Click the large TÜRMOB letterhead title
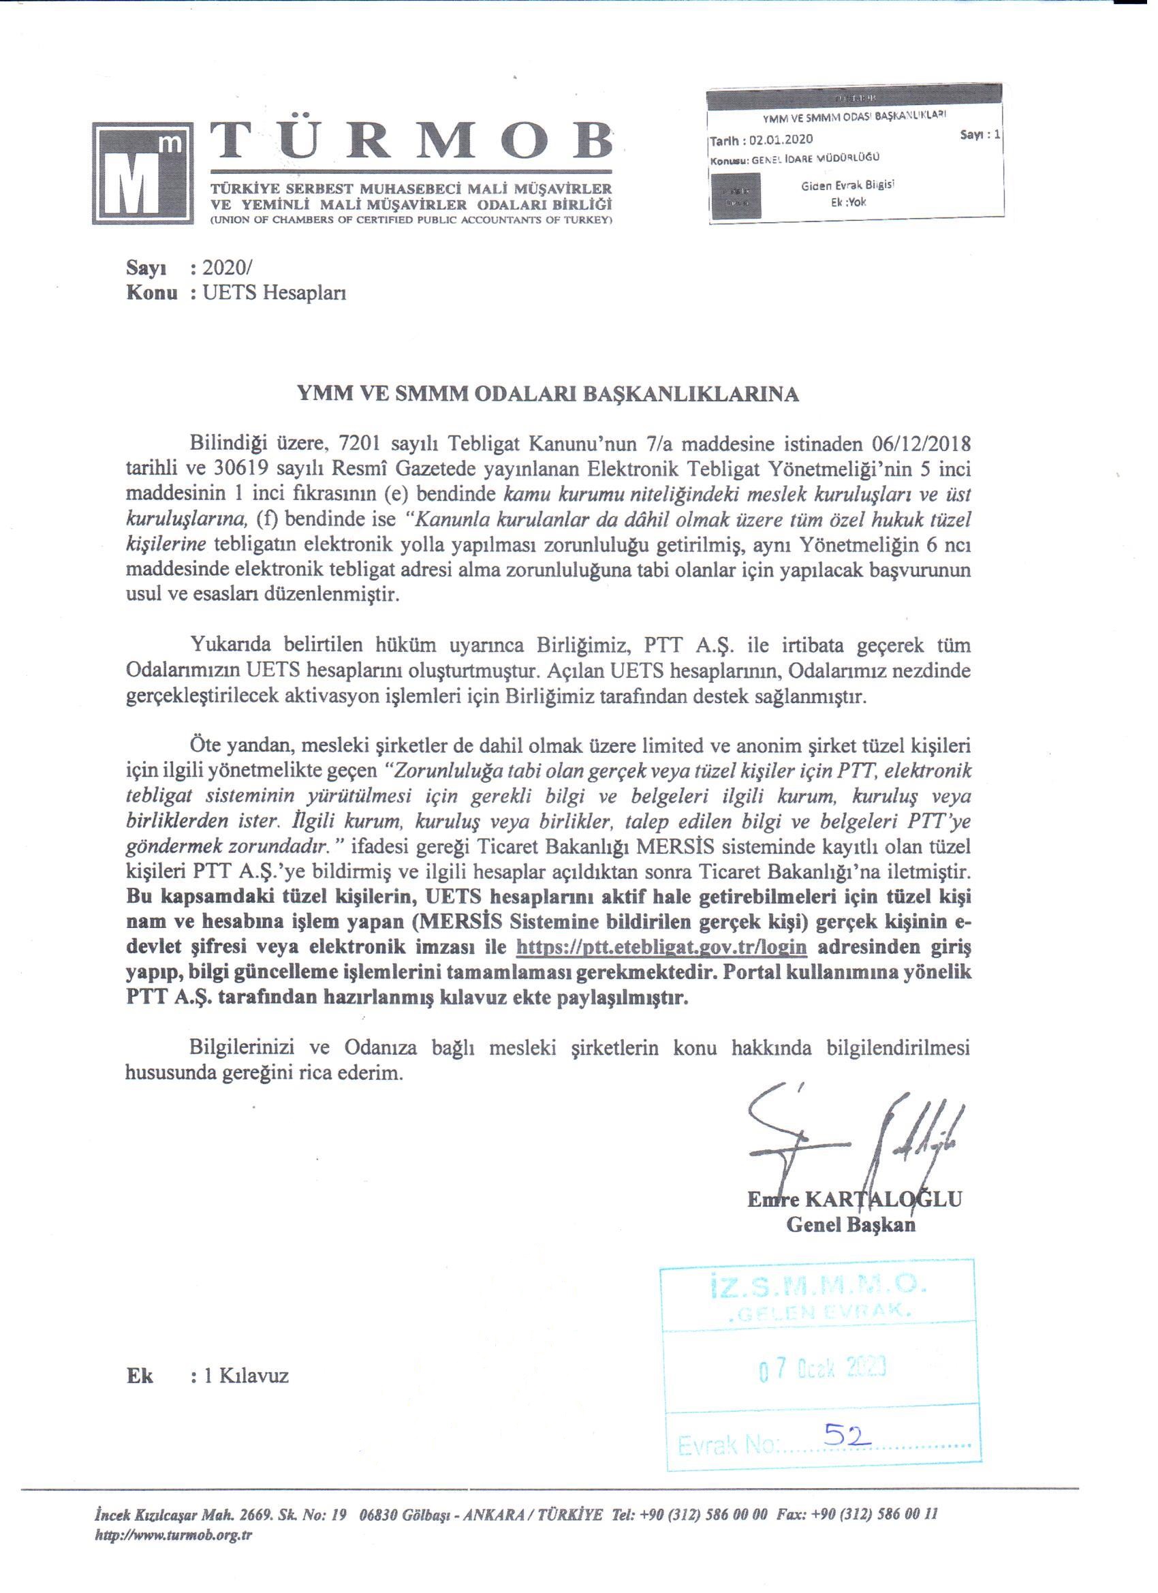point(411,144)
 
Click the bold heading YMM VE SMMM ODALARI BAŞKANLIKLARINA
point(548,394)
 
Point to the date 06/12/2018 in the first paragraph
point(915,445)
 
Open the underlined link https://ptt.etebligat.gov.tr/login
point(661,947)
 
